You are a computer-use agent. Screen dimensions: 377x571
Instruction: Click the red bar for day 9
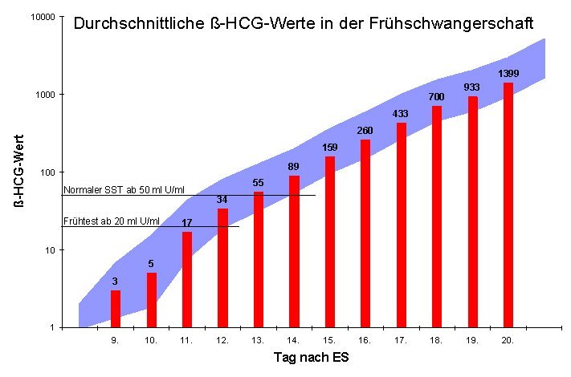click(x=116, y=309)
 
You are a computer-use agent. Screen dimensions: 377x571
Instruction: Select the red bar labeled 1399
click(x=508, y=205)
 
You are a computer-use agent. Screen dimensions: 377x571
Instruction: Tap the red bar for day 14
click(x=294, y=251)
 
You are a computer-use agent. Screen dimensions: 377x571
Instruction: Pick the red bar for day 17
click(x=401, y=225)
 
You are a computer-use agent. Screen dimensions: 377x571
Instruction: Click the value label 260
click(x=365, y=130)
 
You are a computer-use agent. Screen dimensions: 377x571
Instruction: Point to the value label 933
click(x=471, y=87)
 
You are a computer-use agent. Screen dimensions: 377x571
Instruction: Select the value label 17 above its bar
click(x=186, y=222)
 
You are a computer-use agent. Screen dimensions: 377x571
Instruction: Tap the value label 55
click(x=259, y=182)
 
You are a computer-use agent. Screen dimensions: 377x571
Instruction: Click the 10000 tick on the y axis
click(x=42, y=18)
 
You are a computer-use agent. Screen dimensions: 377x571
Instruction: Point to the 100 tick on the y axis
click(x=47, y=172)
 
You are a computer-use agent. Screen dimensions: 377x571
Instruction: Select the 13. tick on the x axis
click(x=258, y=340)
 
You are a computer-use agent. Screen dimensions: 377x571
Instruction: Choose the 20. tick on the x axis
click(x=507, y=340)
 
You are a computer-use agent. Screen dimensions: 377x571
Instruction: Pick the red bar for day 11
click(x=187, y=279)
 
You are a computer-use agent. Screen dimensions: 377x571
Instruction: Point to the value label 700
click(x=436, y=97)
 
